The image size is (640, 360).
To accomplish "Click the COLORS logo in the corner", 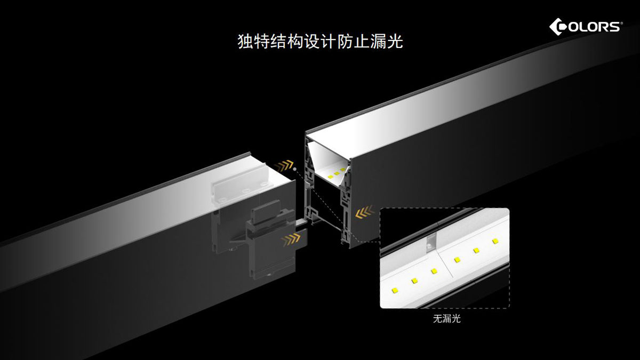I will coord(586,26).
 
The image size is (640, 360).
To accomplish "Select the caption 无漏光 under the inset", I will coord(446,319).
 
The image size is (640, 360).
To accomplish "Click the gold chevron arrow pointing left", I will coord(364,214).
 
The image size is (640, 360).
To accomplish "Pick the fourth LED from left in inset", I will coord(457,260).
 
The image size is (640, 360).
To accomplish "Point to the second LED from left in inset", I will coord(414,279).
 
